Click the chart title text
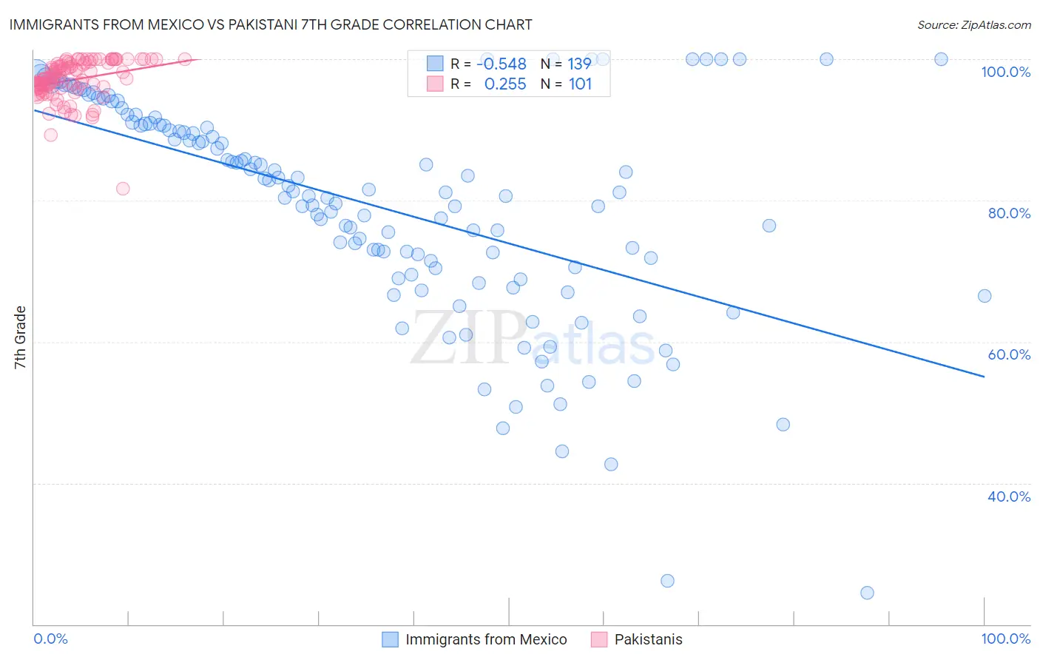point(271,24)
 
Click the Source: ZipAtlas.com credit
point(973,24)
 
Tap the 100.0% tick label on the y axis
point(1005,72)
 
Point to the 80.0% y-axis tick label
point(1009,213)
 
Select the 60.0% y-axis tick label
point(1009,354)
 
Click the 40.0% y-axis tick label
point(1009,496)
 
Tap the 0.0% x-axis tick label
point(51,639)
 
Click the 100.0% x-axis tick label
point(1005,639)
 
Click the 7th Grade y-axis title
point(20,337)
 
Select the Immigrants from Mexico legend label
point(486,639)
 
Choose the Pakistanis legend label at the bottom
point(648,639)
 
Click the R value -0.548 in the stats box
point(502,64)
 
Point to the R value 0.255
point(505,84)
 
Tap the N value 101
point(580,84)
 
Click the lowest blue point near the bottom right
point(867,593)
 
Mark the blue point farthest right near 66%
point(984,296)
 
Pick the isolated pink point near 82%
point(123,189)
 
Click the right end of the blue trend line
point(984,377)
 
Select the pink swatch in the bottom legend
point(599,639)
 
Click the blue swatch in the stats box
point(435,64)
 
